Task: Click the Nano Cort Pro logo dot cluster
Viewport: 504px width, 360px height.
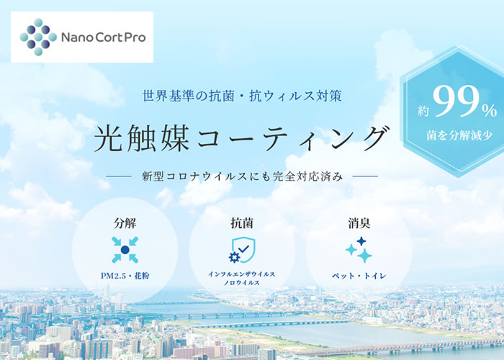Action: (38, 37)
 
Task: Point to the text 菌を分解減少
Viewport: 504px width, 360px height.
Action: (459, 135)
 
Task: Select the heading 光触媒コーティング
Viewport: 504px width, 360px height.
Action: (241, 138)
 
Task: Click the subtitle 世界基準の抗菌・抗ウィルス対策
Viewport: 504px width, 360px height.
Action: (242, 96)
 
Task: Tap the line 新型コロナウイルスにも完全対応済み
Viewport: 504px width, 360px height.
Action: (243, 176)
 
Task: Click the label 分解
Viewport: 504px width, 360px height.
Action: (125, 223)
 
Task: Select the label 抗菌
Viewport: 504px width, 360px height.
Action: (242, 223)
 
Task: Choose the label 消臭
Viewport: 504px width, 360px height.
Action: (359, 223)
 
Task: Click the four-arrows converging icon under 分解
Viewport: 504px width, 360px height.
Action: (125, 250)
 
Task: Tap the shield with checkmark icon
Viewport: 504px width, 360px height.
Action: (243, 250)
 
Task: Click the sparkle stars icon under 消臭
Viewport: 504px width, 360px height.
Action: (359, 250)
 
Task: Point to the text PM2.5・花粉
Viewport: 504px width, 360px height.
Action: (125, 276)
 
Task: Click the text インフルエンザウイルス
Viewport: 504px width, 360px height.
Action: (242, 274)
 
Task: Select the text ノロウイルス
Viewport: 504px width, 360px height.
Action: (242, 283)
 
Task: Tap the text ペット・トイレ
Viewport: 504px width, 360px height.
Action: (359, 276)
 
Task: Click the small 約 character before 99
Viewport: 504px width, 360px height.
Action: (423, 111)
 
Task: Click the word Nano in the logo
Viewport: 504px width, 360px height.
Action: (76, 37)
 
